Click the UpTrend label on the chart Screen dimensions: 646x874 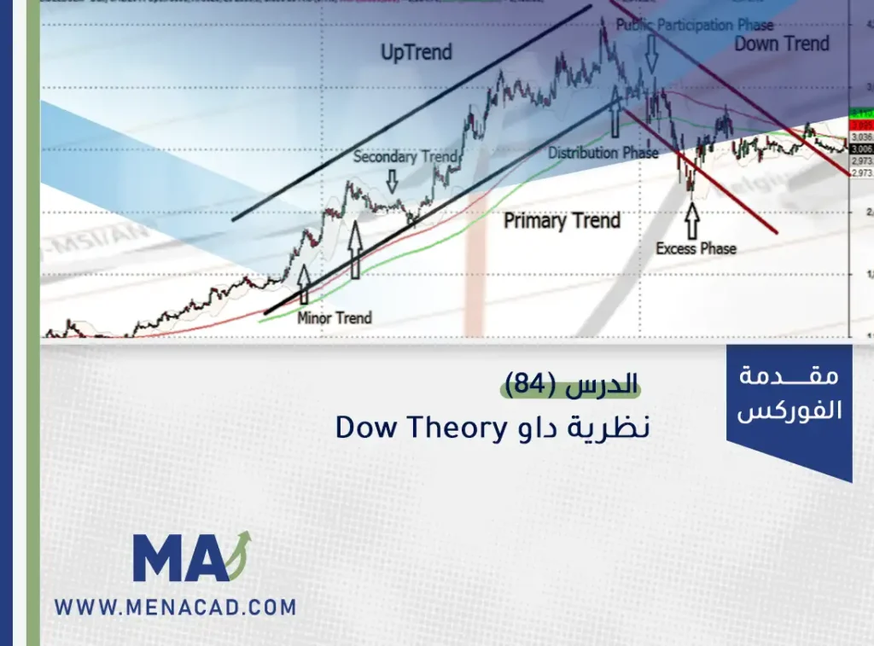(x=416, y=53)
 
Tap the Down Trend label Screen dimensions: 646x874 (x=781, y=44)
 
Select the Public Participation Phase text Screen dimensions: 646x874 (x=694, y=26)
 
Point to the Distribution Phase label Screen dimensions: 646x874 (x=603, y=153)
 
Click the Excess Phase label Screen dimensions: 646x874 (x=696, y=248)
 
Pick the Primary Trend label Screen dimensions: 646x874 (x=561, y=221)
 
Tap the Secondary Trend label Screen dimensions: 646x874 (x=405, y=157)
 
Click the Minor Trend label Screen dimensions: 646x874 (x=335, y=317)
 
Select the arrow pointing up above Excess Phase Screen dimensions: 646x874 (x=690, y=220)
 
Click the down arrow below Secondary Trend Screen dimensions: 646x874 (x=392, y=180)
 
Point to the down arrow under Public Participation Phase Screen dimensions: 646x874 (x=652, y=54)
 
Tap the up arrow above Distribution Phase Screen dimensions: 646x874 (x=615, y=117)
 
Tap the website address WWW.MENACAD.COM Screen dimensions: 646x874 (x=175, y=608)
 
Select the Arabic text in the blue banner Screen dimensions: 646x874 (x=790, y=393)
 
